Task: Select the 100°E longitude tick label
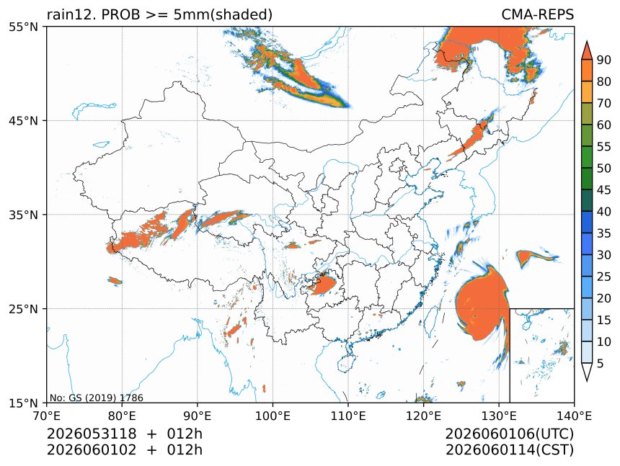click(x=273, y=416)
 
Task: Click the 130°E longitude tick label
click(x=499, y=416)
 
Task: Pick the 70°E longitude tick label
click(x=47, y=416)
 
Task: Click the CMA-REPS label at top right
click(x=537, y=14)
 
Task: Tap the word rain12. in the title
click(x=72, y=14)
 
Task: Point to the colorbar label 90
click(x=604, y=60)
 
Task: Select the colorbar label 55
click(x=604, y=147)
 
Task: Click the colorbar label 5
click(x=601, y=363)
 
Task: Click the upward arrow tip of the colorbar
click(x=586, y=41)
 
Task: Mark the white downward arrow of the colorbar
click(x=586, y=372)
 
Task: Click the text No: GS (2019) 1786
click(x=97, y=398)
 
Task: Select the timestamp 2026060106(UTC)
click(x=510, y=434)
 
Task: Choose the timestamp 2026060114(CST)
click(x=510, y=450)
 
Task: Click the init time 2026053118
click(x=92, y=434)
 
